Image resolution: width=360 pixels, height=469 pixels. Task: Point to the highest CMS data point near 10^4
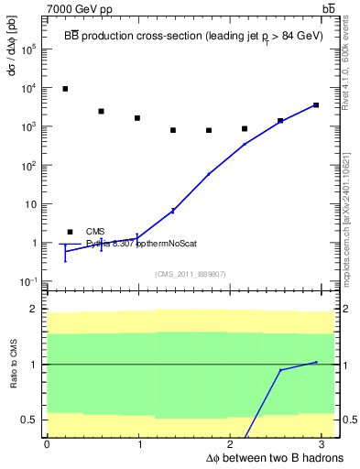pos(65,89)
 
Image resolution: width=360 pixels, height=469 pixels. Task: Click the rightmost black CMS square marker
pos(316,105)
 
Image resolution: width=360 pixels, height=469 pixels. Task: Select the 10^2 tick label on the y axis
pos(29,166)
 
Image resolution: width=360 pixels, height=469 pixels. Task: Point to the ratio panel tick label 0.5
pos(30,420)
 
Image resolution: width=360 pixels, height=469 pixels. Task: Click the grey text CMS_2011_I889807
pos(189,274)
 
